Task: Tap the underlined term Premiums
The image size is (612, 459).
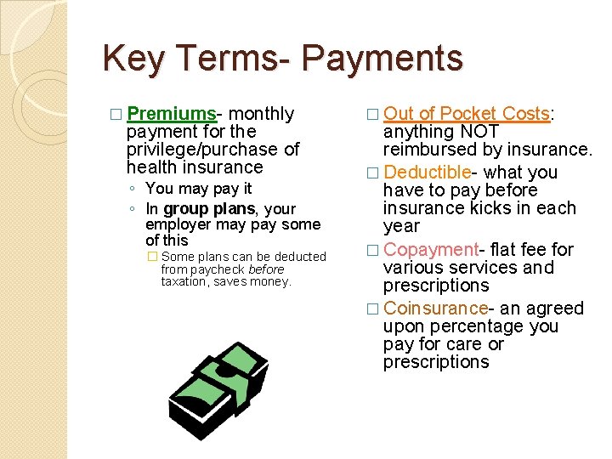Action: click(172, 114)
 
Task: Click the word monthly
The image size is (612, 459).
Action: click(262, 114)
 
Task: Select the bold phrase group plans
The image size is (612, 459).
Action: click(209, 208)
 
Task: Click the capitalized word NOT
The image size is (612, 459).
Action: click(479, 132)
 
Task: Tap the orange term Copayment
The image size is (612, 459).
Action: click(431, 250)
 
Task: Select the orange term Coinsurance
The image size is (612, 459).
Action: click(435, 309)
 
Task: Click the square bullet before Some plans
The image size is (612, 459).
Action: click(152, 257)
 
